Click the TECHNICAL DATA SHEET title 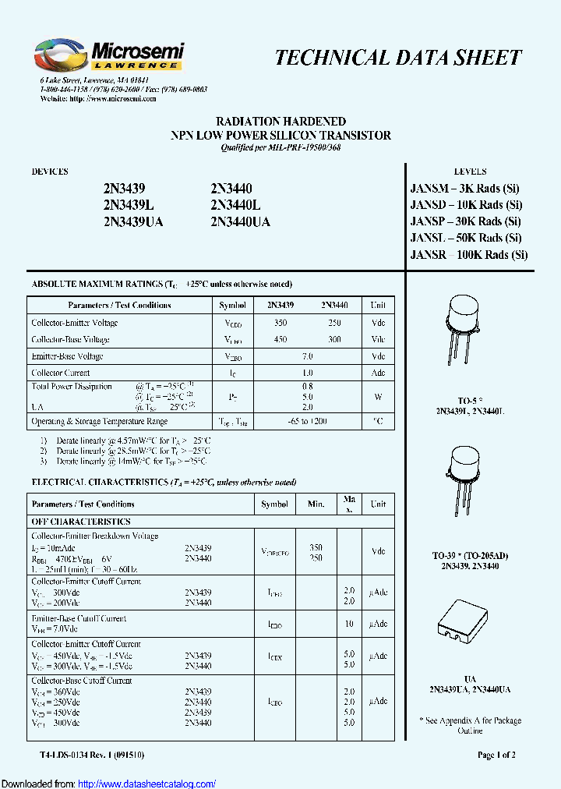(398, 58)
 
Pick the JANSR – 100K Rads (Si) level (468, 255)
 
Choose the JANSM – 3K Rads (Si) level (464, 188)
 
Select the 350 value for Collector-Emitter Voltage (280, 323)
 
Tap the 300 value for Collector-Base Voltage (334, 340)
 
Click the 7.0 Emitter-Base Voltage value (307, 356)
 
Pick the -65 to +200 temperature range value (307, 422)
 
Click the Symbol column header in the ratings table (232, 306)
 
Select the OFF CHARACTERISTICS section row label (81, 522)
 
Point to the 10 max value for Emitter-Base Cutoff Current (349, 624)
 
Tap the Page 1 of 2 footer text (496, 755)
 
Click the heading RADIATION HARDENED (280, 122)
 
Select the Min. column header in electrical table (316, 504)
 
